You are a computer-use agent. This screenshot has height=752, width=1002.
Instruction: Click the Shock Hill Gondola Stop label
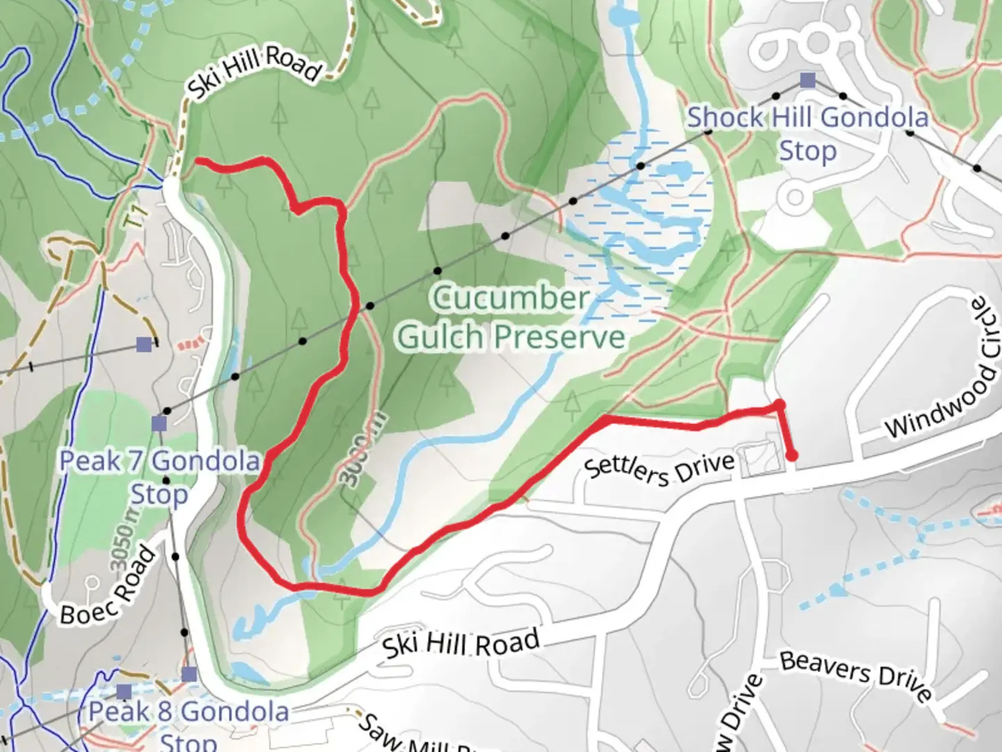808,133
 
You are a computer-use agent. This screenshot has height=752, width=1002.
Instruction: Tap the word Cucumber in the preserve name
510,298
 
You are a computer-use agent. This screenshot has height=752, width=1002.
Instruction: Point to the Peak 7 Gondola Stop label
159,477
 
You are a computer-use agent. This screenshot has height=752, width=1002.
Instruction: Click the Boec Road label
107,586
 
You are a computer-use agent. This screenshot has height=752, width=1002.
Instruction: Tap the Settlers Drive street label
659,468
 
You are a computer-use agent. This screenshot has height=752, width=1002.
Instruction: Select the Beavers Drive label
855,675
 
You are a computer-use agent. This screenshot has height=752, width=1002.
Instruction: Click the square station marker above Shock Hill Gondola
807,80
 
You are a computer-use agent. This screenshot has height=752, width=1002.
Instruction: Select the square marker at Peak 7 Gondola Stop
159,423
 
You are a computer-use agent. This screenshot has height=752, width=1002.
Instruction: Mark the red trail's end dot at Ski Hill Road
792,456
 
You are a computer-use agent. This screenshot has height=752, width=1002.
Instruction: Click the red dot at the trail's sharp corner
779,405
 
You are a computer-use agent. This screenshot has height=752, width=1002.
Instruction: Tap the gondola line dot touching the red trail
370,306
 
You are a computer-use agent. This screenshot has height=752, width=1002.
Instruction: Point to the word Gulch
441,338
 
